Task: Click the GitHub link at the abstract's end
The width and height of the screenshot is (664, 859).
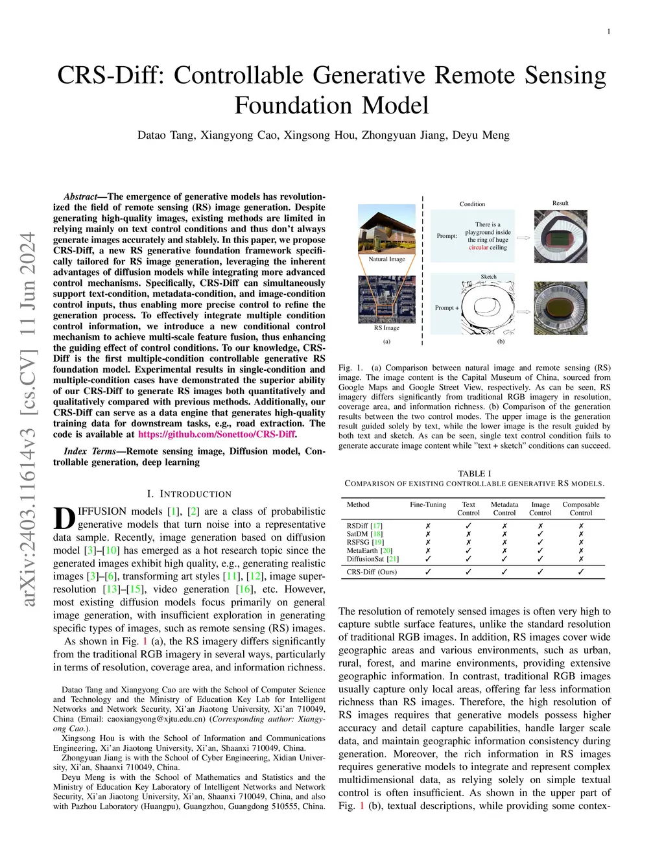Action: tap(217, 434)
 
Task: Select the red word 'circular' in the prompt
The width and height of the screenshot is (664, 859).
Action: tap(479, 248)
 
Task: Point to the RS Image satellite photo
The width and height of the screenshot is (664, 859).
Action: tap(386, 300)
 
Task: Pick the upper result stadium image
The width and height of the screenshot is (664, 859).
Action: tap(560, 237)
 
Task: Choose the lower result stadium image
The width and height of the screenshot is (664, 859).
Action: tap(560, 308)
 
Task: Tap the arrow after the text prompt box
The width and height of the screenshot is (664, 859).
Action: tap(523, 238)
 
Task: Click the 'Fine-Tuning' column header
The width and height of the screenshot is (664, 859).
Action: tap(428, 504)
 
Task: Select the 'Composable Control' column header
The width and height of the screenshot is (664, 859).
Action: tap(580, 508)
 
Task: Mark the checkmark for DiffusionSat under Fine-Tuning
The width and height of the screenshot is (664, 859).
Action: tap(428, 559)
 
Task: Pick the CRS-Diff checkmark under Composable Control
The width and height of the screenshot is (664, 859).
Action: tap(581, 572)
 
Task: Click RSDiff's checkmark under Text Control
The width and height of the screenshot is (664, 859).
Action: tap(468, 526)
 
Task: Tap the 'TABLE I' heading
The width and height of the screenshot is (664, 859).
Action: tap(475, 473)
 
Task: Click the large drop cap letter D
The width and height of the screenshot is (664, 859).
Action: tap(64, 519)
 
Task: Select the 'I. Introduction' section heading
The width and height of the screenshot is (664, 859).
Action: tap(189, 494)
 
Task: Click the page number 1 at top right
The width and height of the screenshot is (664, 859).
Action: tap(609, 32)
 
